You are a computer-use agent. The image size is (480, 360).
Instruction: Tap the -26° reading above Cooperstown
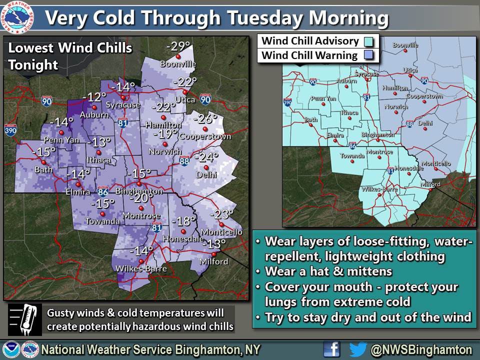point(206,119)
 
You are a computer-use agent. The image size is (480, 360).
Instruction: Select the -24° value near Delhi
point(206,157)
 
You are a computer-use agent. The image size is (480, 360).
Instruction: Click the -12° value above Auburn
point(94,97)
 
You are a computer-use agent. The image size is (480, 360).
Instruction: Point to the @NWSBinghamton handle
point(423,349)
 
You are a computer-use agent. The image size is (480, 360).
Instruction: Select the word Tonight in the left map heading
point(33,65)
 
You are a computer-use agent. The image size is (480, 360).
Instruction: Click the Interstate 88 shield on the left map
point(184,161)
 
